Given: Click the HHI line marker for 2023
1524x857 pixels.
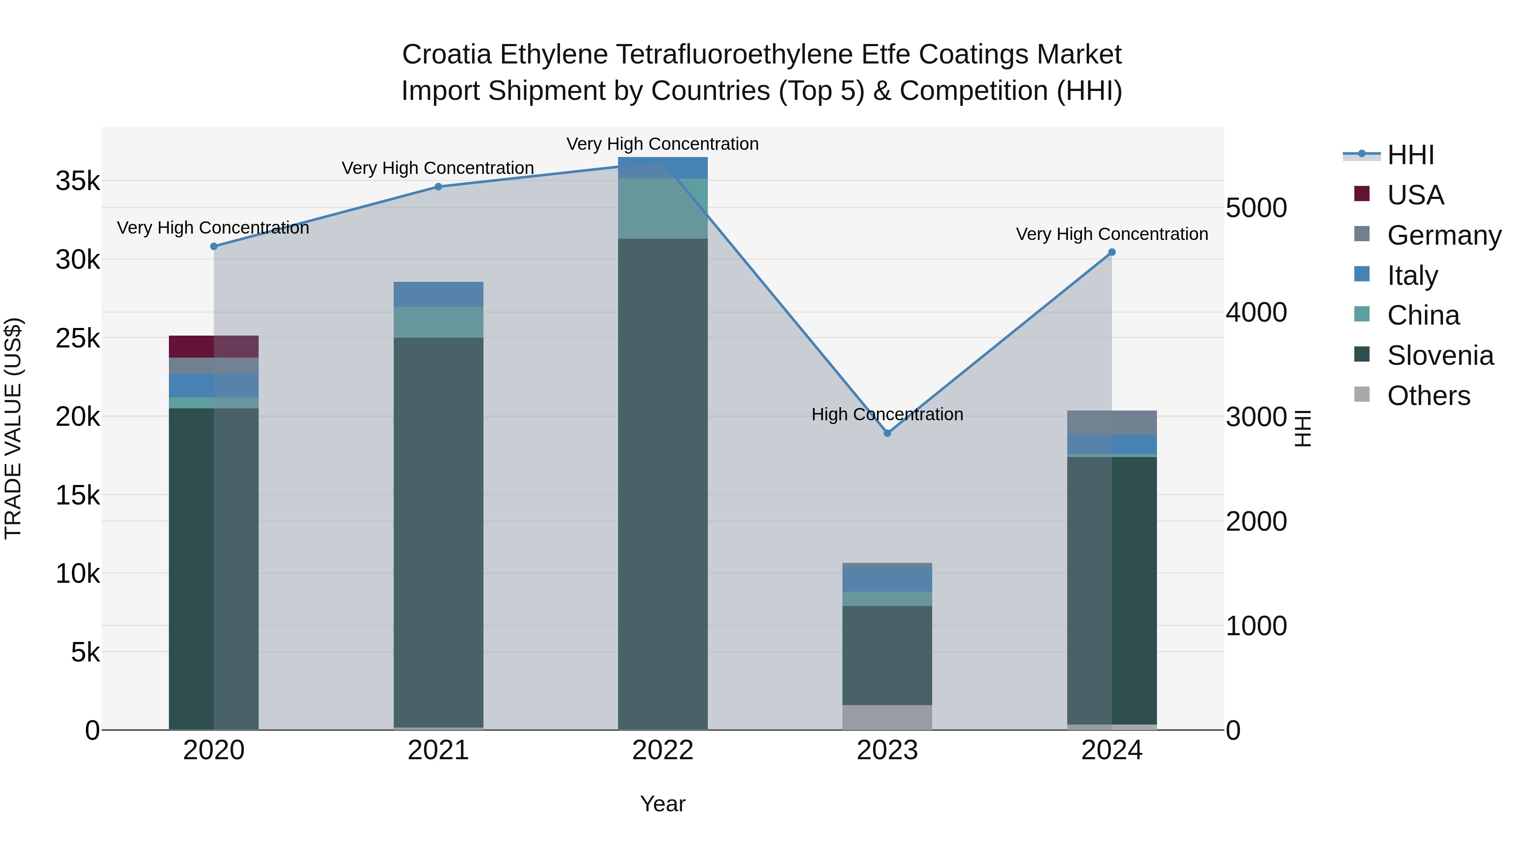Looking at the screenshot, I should tap(887, 433).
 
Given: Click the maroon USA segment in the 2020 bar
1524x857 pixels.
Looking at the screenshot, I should tap(214, 347).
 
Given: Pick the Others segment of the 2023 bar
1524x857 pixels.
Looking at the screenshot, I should tap(887, 717).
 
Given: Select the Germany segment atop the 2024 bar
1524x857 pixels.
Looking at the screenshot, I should tap(1112, 422).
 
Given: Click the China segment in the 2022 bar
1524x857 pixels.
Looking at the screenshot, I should tap(663, 208).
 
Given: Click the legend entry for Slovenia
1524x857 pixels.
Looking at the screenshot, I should tap(1440, 355).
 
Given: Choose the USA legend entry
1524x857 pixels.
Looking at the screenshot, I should tap(1415, 195).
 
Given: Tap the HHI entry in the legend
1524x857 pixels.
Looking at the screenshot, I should tap(1411, 155).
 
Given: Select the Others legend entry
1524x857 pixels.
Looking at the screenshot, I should tap(1428, 396).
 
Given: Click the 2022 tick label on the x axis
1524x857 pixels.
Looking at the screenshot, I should tap(663, 750).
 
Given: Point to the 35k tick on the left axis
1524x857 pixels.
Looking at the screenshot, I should tap(78, 181).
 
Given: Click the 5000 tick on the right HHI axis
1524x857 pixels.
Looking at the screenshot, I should tap(1256, 208).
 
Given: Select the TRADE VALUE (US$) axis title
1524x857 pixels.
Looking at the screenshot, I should tap(14, 428).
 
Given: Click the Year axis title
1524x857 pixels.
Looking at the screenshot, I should tap(663, 804).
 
